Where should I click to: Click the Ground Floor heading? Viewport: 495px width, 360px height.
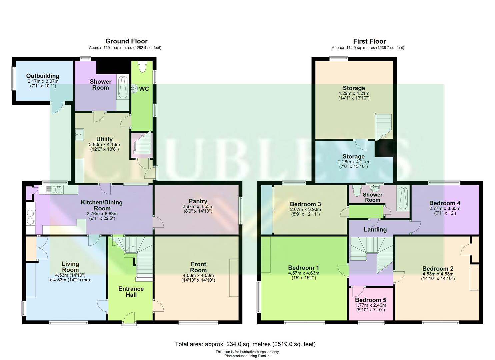[x=126, y=41]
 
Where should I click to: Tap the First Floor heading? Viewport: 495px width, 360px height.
[x=369, y=41]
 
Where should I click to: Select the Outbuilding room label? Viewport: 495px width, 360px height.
[x=43, y=76]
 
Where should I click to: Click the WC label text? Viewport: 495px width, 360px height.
[x=144, y=89]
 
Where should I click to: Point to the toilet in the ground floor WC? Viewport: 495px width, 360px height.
[x=142, y=67]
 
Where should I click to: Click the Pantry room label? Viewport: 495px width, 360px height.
[x=198, y=201]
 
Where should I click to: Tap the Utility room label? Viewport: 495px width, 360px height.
[x=104, y=139]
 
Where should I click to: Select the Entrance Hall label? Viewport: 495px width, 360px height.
[x=131, y=292]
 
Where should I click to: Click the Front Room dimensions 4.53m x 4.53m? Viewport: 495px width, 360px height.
[x=198, y=275]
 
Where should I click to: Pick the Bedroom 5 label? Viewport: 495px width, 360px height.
[x=370, y=300]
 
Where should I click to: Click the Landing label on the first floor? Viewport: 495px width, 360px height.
[x=375, y=230]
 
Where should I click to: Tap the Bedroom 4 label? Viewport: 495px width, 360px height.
[x=445, y=203]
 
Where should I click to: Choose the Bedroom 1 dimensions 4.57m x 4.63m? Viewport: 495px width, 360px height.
[x=303, y=273]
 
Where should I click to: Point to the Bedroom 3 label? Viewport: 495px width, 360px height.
[x=305, y=204]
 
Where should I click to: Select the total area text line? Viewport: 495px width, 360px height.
[x=245, y=344]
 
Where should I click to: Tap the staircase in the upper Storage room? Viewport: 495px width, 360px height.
[x=384, y=126]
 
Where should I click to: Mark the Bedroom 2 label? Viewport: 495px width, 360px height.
[x=438, y=269]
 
